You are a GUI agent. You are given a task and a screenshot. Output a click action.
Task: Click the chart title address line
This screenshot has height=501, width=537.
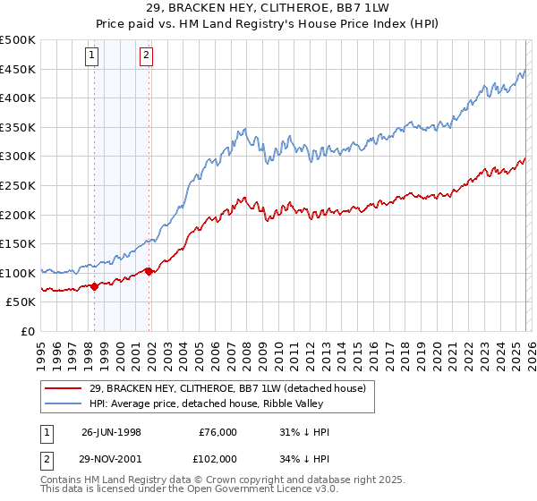[268, 7]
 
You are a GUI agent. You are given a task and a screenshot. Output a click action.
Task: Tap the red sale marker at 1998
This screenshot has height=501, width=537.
[95, 286]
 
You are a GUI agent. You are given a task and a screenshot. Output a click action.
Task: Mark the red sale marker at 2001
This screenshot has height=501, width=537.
[149, 271]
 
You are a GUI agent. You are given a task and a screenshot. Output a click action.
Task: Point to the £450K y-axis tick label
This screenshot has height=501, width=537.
[18, 69]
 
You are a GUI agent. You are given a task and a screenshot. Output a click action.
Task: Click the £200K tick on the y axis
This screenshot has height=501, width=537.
[18, 215]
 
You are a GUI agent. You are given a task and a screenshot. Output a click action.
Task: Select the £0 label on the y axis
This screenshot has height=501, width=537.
[27, 331]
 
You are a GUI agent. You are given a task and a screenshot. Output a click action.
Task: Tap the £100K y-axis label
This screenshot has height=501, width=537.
[18, 273]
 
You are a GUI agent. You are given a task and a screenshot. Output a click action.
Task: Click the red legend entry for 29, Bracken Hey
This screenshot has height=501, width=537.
[215, 388]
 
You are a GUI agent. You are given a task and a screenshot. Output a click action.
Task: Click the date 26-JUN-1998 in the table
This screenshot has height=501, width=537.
[111, 432]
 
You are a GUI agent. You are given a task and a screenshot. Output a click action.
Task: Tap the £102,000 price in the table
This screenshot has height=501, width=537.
[217, 458]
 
